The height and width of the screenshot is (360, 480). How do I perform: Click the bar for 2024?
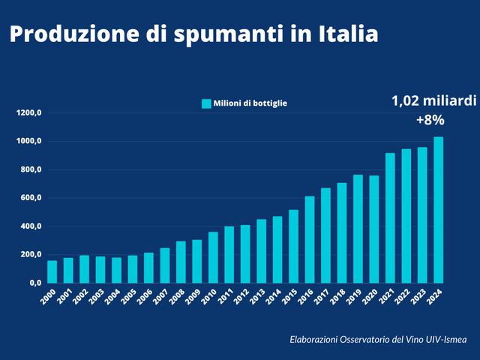pos(438,210)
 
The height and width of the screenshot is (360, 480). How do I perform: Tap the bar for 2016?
pos(310,239)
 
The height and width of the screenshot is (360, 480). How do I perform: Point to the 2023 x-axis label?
pos(421,297)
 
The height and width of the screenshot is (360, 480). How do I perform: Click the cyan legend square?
pos(205,103)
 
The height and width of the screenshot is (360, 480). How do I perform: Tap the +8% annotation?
pos(430,120)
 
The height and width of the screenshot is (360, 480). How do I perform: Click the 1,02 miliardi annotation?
pos(433,100)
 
